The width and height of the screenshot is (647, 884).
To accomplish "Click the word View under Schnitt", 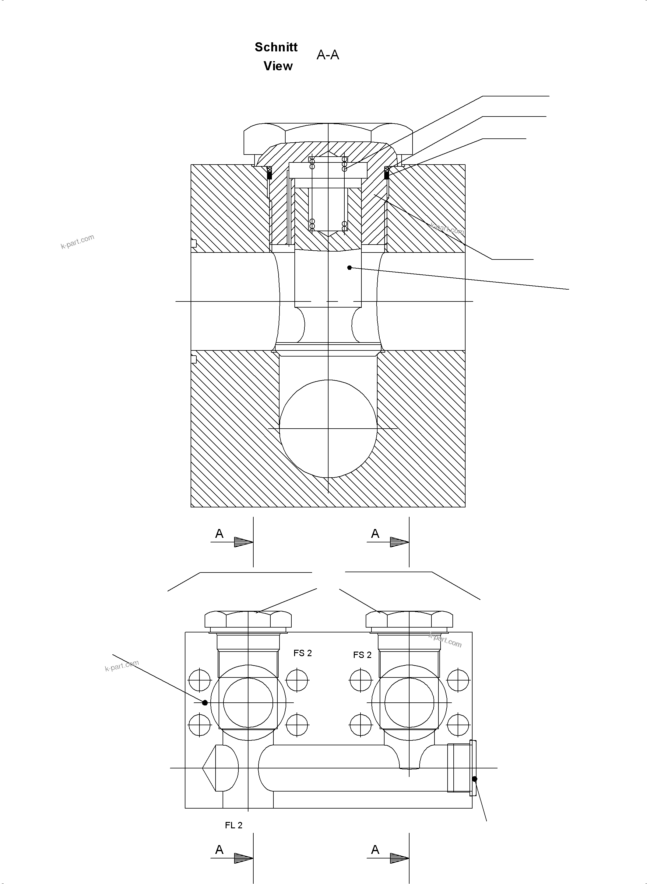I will (x=278, y=66).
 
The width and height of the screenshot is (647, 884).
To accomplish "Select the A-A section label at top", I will (x=328, y=55).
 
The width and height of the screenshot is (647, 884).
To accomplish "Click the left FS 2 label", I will (x=303, y=653).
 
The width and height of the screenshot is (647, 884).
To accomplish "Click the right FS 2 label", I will (x=362, y=655).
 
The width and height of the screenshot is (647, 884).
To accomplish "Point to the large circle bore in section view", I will (x=328, y=429).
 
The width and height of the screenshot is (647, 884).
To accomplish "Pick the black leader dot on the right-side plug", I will (x=475, y=779).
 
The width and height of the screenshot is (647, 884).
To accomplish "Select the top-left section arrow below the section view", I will (x=243, y=542).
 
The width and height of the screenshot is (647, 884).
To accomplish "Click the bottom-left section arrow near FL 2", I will (x=243, y=858).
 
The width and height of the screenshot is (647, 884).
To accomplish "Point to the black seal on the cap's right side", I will (x=387, y=175).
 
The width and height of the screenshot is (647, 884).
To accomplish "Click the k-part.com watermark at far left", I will (x=78, y=242).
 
